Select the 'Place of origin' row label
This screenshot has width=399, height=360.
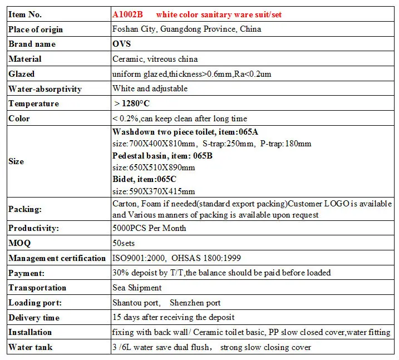(36, 29)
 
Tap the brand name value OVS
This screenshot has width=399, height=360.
(122, 44)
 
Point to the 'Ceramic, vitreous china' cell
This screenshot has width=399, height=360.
(155, 59)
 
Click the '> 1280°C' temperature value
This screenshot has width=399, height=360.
(132, 103)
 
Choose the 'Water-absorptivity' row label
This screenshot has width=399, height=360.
(45, 89)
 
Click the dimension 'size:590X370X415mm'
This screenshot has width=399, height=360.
(154, 191)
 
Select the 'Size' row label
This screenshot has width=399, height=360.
(16, 161)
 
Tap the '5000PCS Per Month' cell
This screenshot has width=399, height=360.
(149, 228)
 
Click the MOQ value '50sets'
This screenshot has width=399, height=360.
(124, 243)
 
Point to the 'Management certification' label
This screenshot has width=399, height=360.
(57, 258)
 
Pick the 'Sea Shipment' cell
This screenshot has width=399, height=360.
(137, 288)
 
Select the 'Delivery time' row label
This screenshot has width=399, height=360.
(34, 318)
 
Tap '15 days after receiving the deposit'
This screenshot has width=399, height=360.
(173, 317)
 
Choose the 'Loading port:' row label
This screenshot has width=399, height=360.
(35, 303)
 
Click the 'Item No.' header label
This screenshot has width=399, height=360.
(25, 14)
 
